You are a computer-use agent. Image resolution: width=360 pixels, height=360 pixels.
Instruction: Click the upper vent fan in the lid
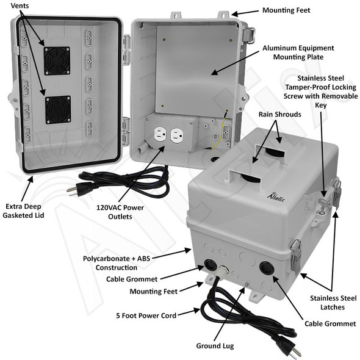(56, 60)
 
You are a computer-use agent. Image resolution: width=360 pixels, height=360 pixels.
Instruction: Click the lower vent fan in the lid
(59, 109)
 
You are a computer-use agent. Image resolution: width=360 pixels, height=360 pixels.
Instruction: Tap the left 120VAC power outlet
(158, 134)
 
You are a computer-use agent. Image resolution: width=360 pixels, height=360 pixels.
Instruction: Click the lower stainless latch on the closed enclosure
(295, 253)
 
